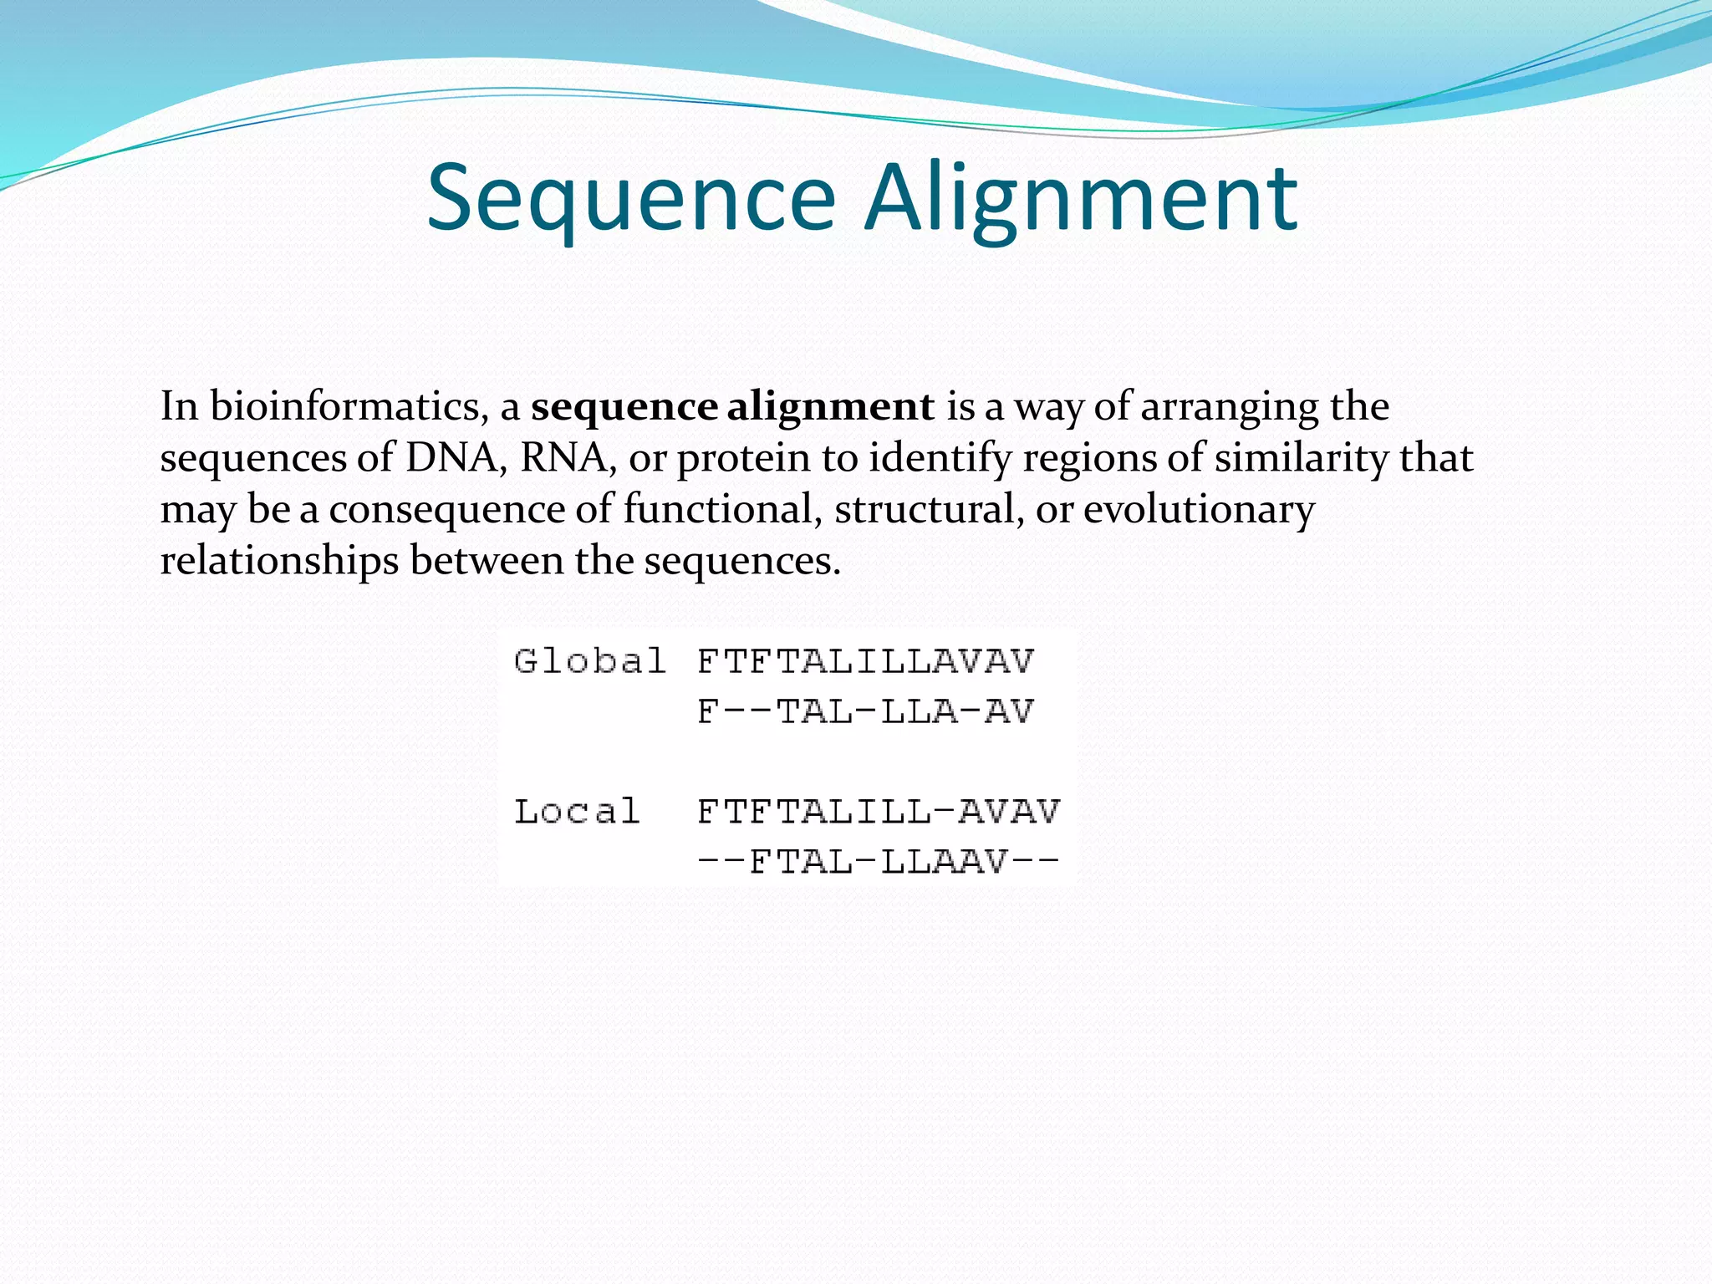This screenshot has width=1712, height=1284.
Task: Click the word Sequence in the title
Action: [631, 199]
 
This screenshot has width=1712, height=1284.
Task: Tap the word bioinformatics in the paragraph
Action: [349, 407]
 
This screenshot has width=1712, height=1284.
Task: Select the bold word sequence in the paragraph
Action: [624, 407]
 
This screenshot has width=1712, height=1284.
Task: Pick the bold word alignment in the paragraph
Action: [830, 407]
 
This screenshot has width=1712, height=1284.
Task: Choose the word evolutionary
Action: [1199, 510]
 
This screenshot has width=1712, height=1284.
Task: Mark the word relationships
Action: [279, 561]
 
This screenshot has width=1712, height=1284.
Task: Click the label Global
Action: [590, 661]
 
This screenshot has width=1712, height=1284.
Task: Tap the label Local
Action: [577, 811]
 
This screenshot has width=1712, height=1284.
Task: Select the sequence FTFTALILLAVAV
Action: [865, 661]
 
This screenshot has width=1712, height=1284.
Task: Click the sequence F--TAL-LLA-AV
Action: [865, 711]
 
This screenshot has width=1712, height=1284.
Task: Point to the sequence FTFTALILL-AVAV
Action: [878, 811]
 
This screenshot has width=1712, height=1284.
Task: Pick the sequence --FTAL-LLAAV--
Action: [878, 861]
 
